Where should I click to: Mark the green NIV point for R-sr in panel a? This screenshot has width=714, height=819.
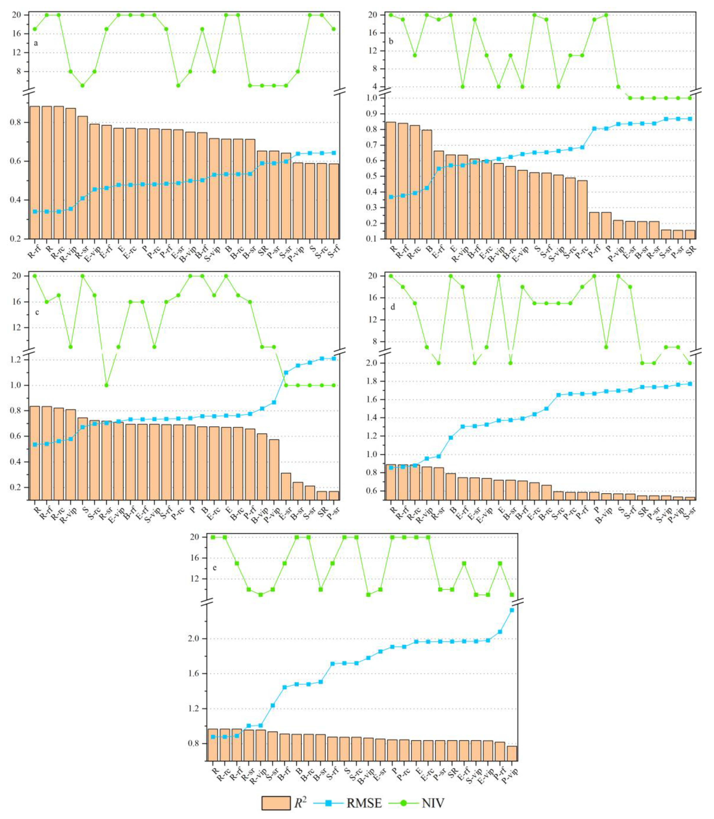(x=82, y=85)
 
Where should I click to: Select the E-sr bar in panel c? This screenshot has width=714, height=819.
(x=286, y=486)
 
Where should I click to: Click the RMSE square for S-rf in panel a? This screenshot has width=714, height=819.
(x=334, y=153)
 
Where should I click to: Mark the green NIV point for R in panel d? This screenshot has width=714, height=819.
(x=391, y=276)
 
